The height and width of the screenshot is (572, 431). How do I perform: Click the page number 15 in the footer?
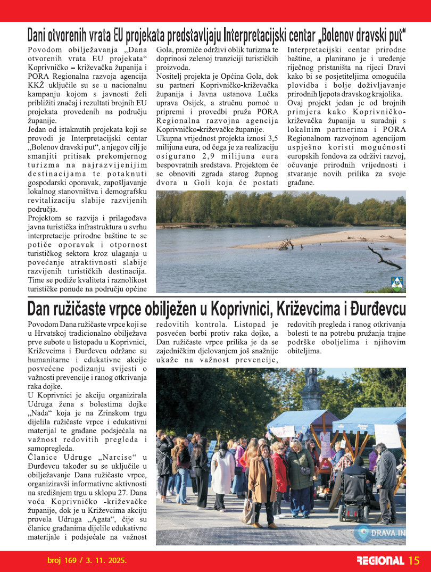click(415, 560)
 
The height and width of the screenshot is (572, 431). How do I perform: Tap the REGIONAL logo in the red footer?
click(380, 561)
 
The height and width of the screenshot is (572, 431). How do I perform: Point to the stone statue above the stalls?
click(311, 388)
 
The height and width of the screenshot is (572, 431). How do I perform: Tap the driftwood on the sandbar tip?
click(286, 244)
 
